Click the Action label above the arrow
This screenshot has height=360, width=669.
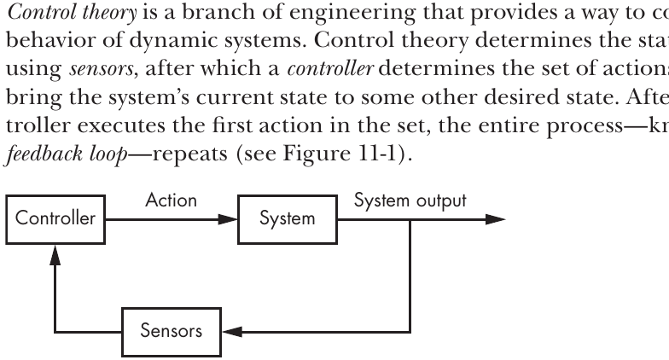(171, 200)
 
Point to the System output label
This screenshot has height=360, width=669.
(410, 201)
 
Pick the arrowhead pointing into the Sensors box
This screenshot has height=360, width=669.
(232, 332)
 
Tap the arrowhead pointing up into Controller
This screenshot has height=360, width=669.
(55, 254)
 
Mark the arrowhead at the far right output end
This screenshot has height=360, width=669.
(496, 220)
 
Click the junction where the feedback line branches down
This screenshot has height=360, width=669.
(410, 220)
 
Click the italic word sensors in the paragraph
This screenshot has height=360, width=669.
(102, 69)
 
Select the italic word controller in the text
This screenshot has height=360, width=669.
(331, 68)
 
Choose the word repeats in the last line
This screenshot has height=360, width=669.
(189, 154)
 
